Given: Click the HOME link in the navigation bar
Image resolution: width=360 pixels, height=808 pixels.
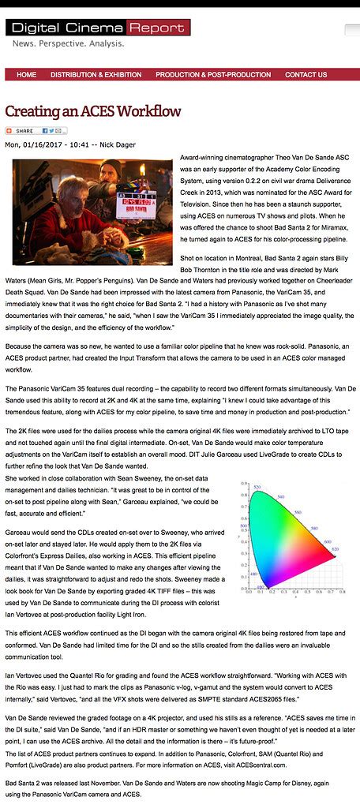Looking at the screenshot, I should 26,75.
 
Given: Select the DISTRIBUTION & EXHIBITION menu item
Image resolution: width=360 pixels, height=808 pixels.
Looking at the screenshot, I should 96,75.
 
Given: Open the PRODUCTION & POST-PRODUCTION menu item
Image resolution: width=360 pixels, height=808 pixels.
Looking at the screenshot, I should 213,75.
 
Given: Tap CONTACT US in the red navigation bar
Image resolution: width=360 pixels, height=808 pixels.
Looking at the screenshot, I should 306,75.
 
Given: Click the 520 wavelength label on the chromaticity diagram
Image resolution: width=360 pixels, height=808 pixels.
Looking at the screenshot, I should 257,488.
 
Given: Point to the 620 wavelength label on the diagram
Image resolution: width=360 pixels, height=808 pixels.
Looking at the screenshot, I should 335,549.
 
